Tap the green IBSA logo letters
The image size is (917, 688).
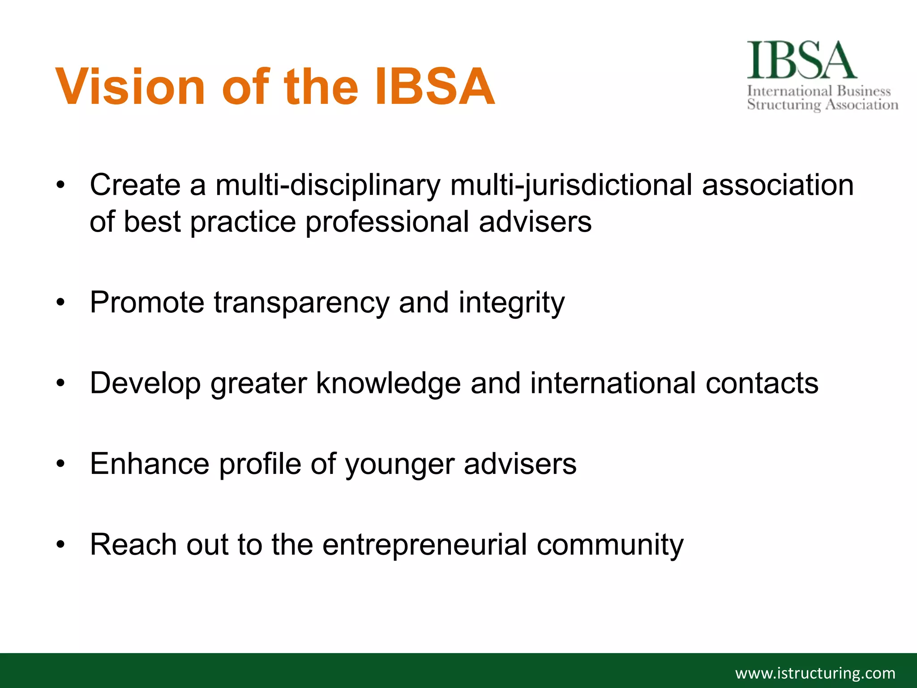click(x=801, y=60)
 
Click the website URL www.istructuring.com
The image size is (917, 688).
click(x=815, y=673)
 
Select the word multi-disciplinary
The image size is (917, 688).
click(x=328, y=185)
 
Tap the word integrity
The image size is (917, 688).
click(x=511, y=303)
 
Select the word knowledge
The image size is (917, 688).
click(x=388, y=383)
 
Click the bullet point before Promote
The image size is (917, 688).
click(x=61, y=303)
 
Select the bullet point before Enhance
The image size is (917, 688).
click(x=61, y=464)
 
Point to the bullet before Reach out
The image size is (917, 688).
click(x=61, y=545)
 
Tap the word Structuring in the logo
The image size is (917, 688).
click(x=784, y=105)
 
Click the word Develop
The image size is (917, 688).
click(x=145, y=383)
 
